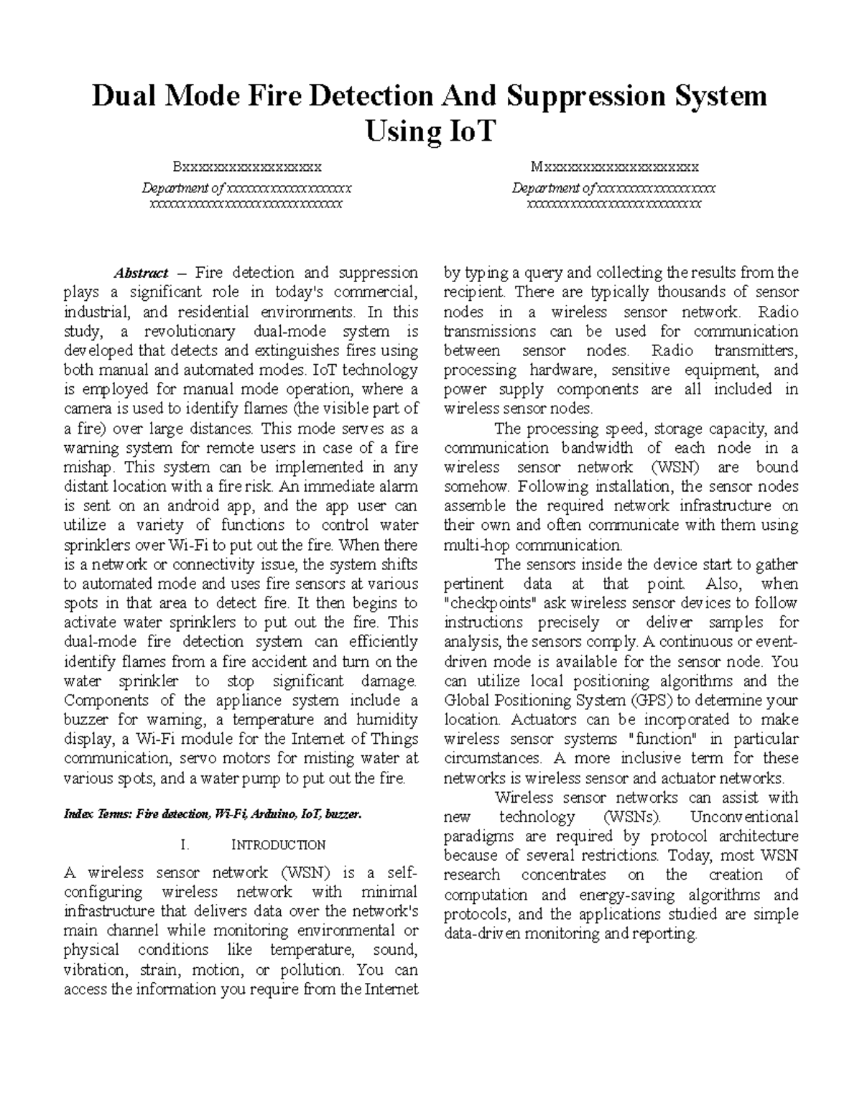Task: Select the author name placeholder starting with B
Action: tap(246, 167)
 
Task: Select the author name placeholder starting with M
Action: tap(614, 167)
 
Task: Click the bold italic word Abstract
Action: tap(141, 273)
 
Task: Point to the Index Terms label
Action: tap(98, 814)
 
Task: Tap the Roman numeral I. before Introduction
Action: tap(185, 844)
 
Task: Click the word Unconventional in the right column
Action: tap(744, 817)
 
